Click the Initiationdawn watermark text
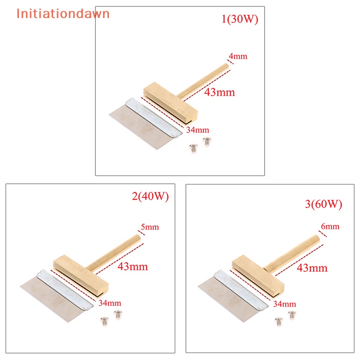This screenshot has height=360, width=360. point(63,13)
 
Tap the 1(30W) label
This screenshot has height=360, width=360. point(240,19)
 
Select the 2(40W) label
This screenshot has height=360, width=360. point(150,196)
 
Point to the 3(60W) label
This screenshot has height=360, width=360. point(324,204)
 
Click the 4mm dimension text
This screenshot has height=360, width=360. point(238,56)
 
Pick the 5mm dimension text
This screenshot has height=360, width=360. point(150,227)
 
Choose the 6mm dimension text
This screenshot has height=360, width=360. point(330,226)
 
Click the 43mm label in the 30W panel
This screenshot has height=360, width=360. point(220,92)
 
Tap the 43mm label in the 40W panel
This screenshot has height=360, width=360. point(133,266)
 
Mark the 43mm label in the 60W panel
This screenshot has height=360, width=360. point(312,268)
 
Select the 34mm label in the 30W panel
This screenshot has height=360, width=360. point(198,130)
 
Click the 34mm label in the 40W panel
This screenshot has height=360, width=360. point(110,303)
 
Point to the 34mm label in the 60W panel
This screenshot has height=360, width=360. point(284,304)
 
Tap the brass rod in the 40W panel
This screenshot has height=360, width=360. point(114,252)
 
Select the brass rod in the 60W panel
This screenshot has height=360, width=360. point(292,254)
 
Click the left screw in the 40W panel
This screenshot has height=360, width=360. point(104,321)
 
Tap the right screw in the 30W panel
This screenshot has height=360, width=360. point(207,141)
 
